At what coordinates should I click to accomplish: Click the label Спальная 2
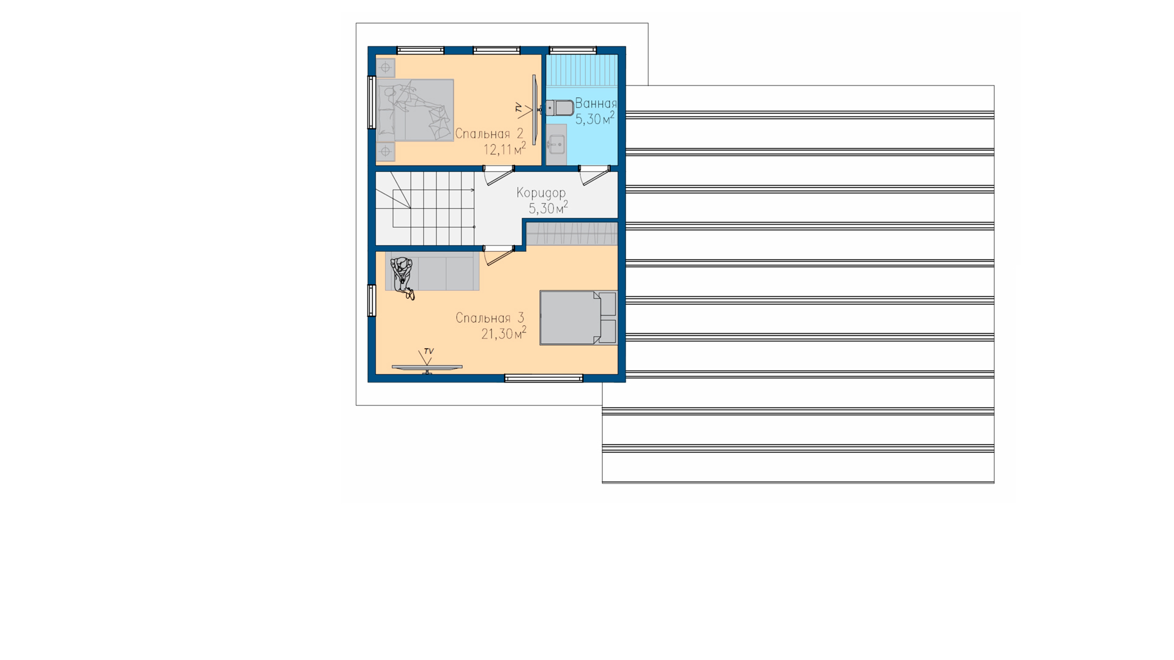pos(489,134)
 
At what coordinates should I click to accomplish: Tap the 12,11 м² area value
pos(504,149)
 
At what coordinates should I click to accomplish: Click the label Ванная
pos(596,104)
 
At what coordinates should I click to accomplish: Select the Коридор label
pos(541,193)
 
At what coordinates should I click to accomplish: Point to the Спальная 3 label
pos(490,318)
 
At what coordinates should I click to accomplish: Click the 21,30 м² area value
pos(504,334)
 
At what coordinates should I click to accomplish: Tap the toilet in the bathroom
pos(559,108)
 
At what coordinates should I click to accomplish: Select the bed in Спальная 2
pos(415,110)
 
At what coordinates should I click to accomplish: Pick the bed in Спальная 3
pos(578,318)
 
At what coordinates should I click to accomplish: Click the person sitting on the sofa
pos(402,277)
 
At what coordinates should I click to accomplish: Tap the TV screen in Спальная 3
pos(427,367)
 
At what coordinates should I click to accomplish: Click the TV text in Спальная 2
pos(519,108)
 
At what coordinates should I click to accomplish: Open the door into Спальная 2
pos(498,174)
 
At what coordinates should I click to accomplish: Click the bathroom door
pos(594,174)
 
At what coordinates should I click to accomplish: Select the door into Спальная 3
pos(498,255)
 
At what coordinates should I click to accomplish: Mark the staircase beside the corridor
pos(425,208)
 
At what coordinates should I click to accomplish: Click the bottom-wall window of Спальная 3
pos(544,378)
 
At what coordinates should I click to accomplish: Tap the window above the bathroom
pos(573,50)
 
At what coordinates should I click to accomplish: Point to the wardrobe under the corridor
pos(572,234)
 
